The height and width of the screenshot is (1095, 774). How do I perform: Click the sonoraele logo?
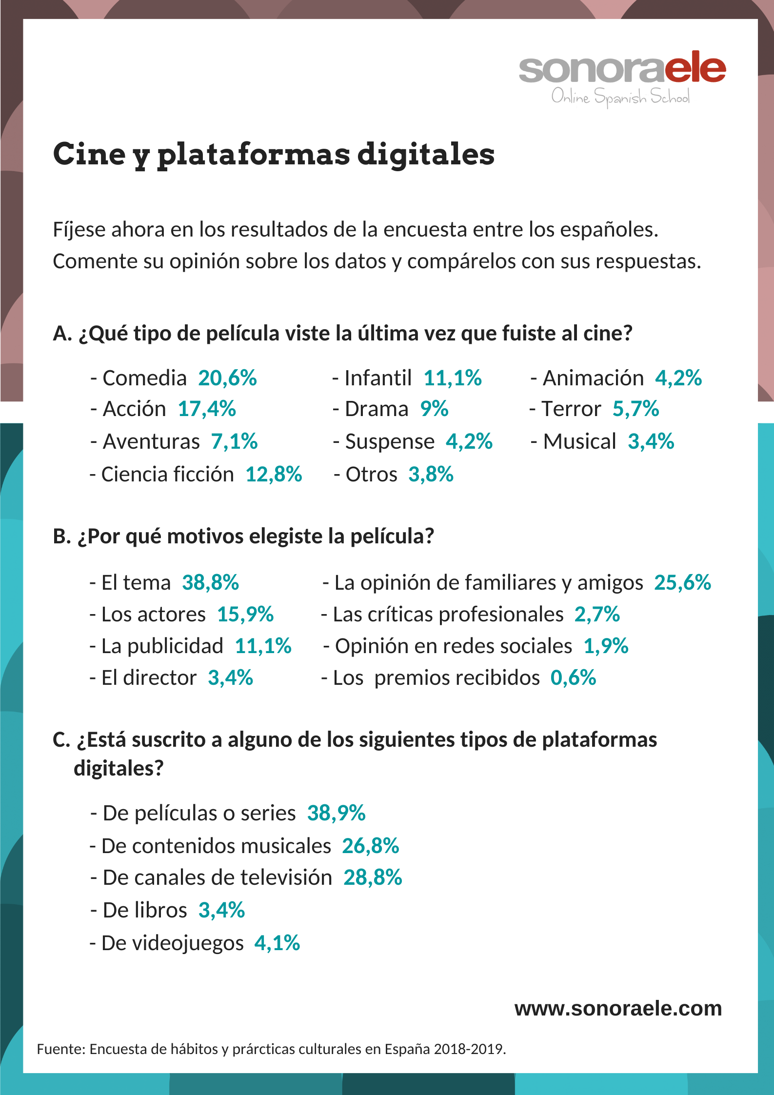[x=622, y=78]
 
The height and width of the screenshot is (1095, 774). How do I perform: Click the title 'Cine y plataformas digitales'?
[x=274, y=155]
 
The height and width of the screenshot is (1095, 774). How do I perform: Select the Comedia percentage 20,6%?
[x=227, y=378]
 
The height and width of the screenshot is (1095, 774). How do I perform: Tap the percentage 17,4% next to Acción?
[x=207, y=409]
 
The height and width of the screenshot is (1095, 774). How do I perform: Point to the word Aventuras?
[x=151, y=442]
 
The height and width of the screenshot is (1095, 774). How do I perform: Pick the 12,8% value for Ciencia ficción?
[x=274, y=475]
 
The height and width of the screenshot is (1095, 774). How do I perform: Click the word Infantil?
[x=378, y=378]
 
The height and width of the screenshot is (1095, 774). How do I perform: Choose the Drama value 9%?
[x=434, y=409]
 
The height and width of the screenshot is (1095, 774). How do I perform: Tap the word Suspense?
[x=390, y=442]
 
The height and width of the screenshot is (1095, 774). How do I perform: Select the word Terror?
[x=572, y=409]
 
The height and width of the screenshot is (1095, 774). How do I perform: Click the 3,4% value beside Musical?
[x=651, y=442]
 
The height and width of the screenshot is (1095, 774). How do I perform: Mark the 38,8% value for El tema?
[x=210, y=583]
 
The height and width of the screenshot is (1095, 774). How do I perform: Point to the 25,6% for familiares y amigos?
[x=682, y=583]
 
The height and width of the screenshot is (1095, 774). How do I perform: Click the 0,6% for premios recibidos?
[x=573, y=678]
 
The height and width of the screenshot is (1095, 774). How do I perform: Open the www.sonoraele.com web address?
[x=618, y=1008]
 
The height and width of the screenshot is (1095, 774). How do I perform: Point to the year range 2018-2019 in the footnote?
[x=469, y=1049]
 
